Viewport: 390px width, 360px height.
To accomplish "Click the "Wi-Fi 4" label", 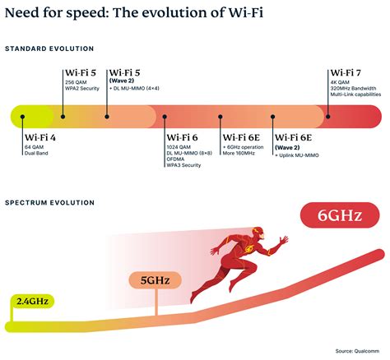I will coord(42,137).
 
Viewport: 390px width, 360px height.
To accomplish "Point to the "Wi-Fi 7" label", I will coord(346,73).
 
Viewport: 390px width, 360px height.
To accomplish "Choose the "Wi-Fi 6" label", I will coord(183,137).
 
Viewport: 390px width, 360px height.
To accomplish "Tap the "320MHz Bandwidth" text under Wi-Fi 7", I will coord(355,89).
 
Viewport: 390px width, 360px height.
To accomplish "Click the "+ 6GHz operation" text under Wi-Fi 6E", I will coord(244,147).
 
